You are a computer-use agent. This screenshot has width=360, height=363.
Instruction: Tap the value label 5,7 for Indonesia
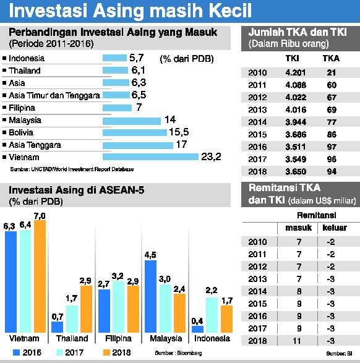137,58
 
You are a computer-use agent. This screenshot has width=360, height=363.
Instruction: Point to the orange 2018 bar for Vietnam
40,277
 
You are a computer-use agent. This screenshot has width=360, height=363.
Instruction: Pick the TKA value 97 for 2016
331,147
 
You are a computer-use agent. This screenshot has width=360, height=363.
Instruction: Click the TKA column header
331,59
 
